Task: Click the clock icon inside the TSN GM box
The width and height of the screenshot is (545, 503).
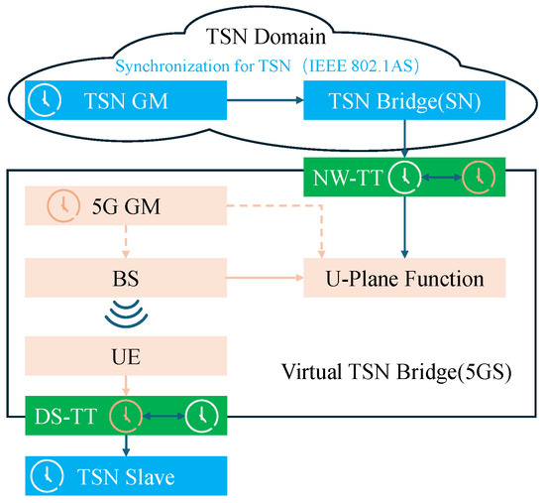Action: pyautogui.click(x=41, y=100)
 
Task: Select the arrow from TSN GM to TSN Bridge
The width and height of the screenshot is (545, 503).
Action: pyautogui.click(x=263, y=100)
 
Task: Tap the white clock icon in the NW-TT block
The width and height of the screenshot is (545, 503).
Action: pyautogui.click(x=402, y=177)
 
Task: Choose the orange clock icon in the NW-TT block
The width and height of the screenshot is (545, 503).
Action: pyautogui.click(x=480, y=177)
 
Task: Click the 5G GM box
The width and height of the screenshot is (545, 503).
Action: pyautogui.click(x=123, y=208)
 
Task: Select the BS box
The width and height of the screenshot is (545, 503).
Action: pyautogui.click(x=123, y=278)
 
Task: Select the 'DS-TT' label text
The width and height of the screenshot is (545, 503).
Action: pyautogui.click(x=61, y=414)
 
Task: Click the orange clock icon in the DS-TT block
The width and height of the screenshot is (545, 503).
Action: pyautogui.click(x=124, y=414)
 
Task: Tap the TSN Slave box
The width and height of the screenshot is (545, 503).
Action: pyautogui.click(x=124, y=476)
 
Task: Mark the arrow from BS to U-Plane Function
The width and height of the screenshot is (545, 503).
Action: pyautogui.click(x=263, y=278)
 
